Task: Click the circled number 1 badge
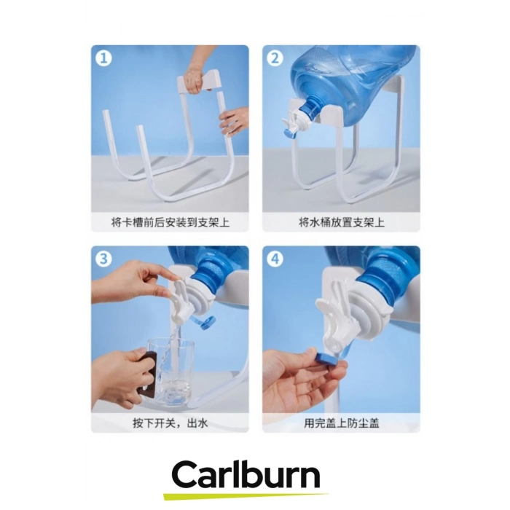pyautogui.click(x=103, y=58)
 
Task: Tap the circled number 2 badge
pyautogui.click(x=275, y=58)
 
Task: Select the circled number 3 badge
pyautogui.click(x=103, y=259)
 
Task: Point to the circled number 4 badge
pyautogui.click(x=275, y=259)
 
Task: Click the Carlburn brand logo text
pyautogui.click(x=246, y=476)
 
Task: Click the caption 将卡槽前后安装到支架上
pyautogui.click(x=170, y=222)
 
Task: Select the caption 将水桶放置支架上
pyautogui.click(x=342, y=222)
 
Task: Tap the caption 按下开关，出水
pyautogui.click(x=170, y=423)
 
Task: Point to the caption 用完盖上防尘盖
pyautogui.click(x=342, y=423)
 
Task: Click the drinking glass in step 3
pyautogui.click(x=168, y=372)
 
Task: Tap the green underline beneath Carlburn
pyautogui.click(x=246, y=497)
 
